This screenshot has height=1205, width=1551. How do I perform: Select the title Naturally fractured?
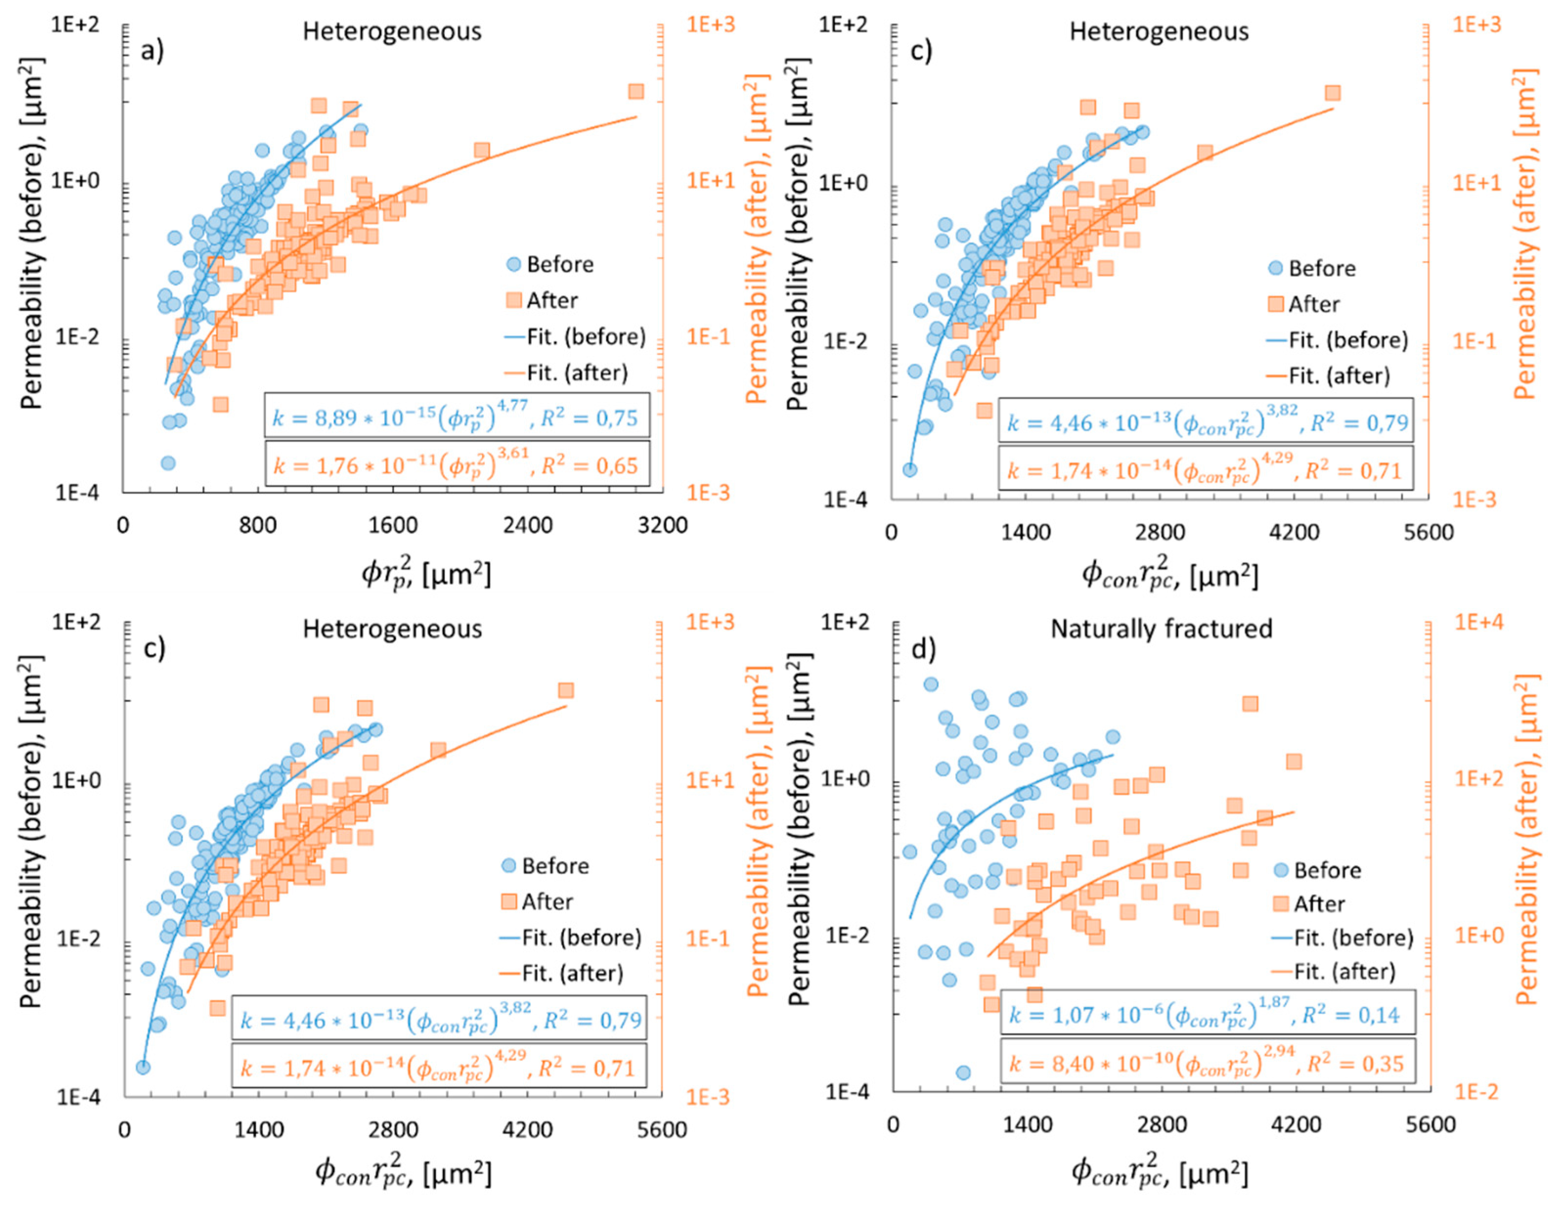1161,629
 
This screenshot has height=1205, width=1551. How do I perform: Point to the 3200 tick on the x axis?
662,525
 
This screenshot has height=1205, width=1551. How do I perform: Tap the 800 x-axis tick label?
257,525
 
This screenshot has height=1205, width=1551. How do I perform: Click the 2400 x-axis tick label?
527,525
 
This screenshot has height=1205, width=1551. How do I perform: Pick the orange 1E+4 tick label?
1479,622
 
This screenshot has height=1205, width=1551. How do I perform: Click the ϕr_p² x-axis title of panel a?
426,572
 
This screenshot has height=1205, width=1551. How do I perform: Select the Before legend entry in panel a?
550,264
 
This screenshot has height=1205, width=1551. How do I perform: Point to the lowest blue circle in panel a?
168,463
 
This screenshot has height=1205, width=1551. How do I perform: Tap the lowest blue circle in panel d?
963,1072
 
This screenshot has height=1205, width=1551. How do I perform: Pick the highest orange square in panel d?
1250,704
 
